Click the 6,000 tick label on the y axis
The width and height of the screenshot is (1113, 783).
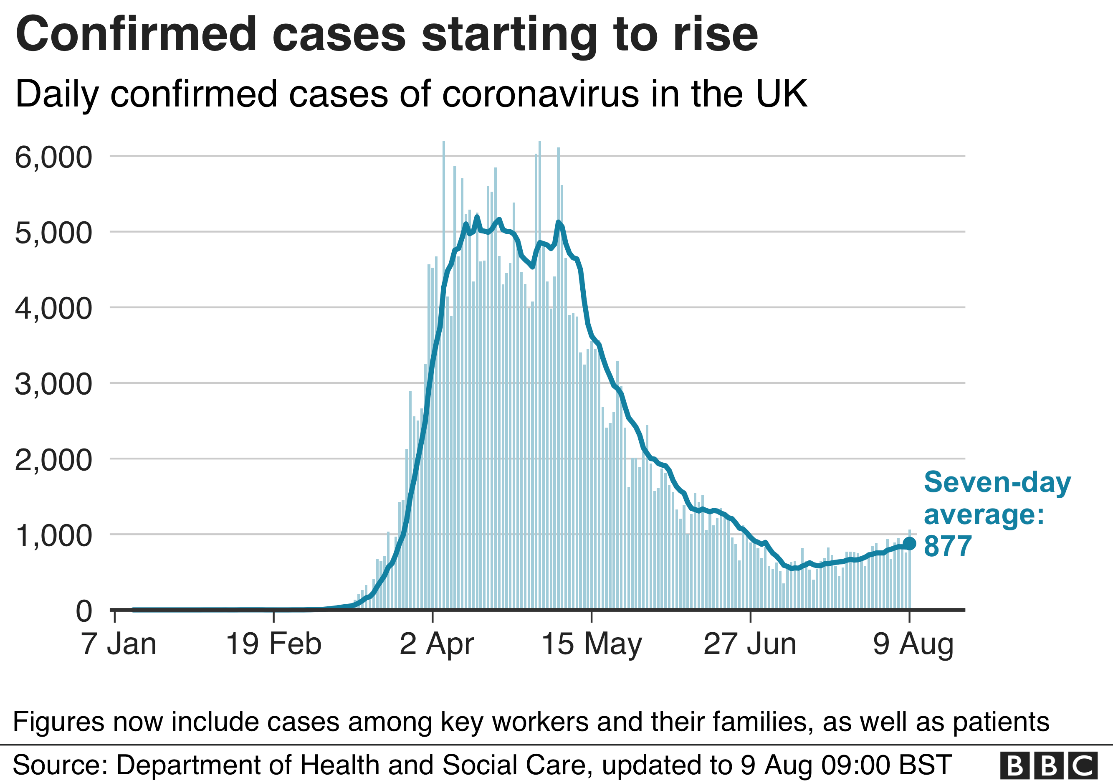click(x=53, y=157)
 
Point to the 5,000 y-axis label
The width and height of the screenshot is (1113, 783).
click(x=53, y=233)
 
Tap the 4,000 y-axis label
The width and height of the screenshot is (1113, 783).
click(x=53, y=309)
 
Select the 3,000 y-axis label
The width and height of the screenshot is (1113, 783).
click(x=53, y=385)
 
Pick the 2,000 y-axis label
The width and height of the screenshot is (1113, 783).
click(x=53, y=460)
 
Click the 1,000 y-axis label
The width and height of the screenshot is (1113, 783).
click(x=53, y=536)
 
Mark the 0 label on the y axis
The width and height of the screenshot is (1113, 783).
click(x=83, y=611)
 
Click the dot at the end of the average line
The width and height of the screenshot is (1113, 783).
click(x=909, y=543)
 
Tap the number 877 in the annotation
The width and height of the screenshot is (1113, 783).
click(x=948, y=546)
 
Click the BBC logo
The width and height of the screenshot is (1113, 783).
click(x=1049, y=765)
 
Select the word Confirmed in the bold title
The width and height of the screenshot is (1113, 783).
click(x=136, y=34)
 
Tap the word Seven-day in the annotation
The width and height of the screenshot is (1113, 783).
click(x=997, y=482)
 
